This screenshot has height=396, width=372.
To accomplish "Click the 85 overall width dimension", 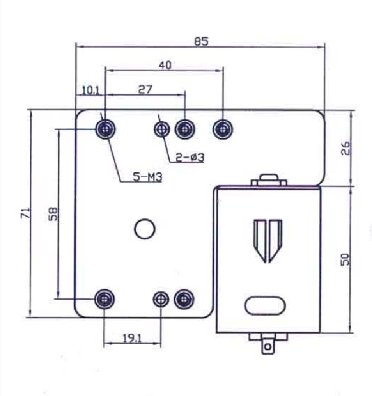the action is point(201,41).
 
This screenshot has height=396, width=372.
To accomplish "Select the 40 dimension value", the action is point(165,65).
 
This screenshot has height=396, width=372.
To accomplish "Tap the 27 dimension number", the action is point(145,89).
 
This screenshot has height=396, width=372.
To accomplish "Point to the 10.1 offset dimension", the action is point(91,90).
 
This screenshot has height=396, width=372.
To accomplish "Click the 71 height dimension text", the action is point(26,213).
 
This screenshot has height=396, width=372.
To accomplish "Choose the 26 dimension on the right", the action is point(346,148).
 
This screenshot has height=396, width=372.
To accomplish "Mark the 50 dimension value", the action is point(345,259).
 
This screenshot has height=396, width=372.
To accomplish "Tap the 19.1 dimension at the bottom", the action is point(132,338).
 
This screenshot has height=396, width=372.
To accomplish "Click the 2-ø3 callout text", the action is point(190,158).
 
